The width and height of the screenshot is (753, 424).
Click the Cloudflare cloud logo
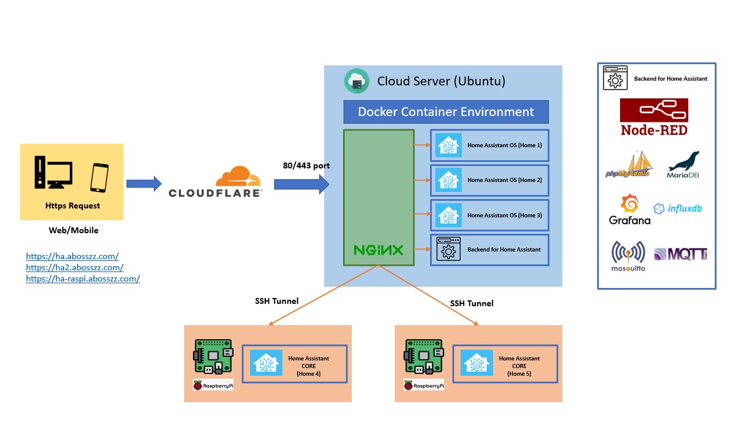[x=238, y=177]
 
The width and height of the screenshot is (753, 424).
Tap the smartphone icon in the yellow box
[x=99, y=177]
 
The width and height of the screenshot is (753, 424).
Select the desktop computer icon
[x=53, y=172]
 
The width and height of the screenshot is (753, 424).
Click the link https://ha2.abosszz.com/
[x=75, y=267]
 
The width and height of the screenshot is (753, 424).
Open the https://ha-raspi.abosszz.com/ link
[x=83, y=279]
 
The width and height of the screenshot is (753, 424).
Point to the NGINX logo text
[x=378, y=250]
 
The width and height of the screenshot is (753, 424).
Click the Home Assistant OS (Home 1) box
[x=489, y=145]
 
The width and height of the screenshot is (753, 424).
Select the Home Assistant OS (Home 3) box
[x=489, y=216]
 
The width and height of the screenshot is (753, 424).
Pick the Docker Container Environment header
[x=446, y=112]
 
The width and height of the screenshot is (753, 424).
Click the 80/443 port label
[x=306, y=165]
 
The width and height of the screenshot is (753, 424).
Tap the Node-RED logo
[x=654, y=117]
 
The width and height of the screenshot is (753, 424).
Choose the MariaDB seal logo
[x=683, y=165]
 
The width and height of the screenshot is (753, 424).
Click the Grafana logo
[x=629, y=210]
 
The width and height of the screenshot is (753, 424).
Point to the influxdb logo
[x=678, y=208]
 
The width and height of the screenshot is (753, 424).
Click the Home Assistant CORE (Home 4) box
[x=295, y=363]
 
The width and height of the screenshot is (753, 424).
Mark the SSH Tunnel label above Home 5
[x=472, y=303]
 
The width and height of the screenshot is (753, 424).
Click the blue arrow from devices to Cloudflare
[x=144, y=184]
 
